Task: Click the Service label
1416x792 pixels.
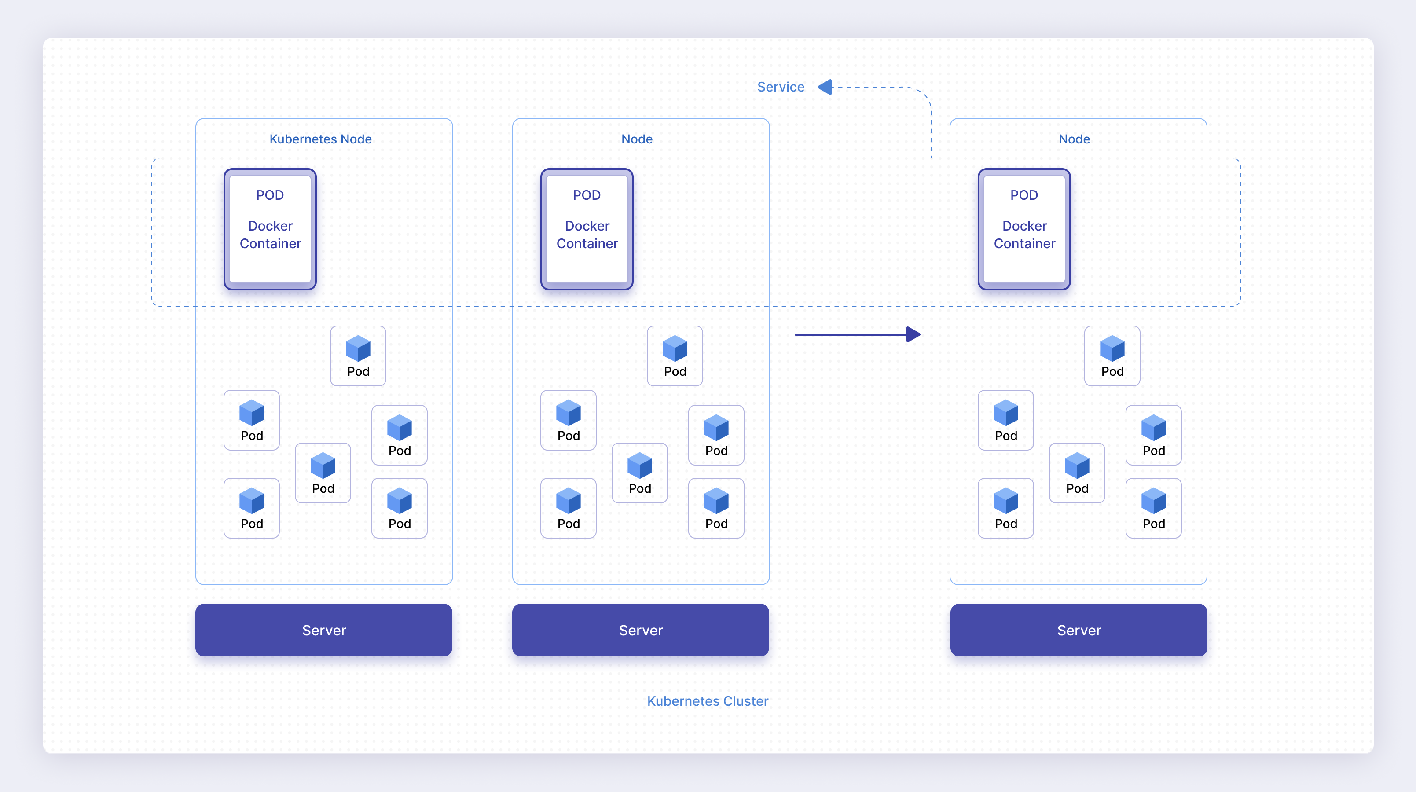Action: tap(781, 87)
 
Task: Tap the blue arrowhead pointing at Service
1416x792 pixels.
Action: tap(825, 87)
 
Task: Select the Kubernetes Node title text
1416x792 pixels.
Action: tap(320, 139)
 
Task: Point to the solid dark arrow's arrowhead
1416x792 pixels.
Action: tap(913, 334)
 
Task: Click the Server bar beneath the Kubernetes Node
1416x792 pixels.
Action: tap(324, 630)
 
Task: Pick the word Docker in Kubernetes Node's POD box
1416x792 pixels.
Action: tap(271, 226)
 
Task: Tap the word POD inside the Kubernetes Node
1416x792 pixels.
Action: tap(270, 195)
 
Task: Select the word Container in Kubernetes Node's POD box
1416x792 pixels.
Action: tap(271, 243)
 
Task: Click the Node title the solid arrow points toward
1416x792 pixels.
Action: tap(1074, 139)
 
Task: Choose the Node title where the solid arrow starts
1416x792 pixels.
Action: tap(637, 139)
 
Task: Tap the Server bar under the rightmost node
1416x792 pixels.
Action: tap(1079, 630)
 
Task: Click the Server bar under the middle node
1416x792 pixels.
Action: tap(640, 630)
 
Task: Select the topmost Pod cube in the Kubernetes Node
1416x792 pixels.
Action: tap(358, 348)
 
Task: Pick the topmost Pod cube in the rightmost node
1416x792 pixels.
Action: tap(1112, 348)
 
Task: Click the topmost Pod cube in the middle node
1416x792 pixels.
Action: tap(675, 348)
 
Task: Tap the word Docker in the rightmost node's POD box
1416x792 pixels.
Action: tap(1025, 226)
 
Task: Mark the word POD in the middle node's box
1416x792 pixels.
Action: tap(587, 195)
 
